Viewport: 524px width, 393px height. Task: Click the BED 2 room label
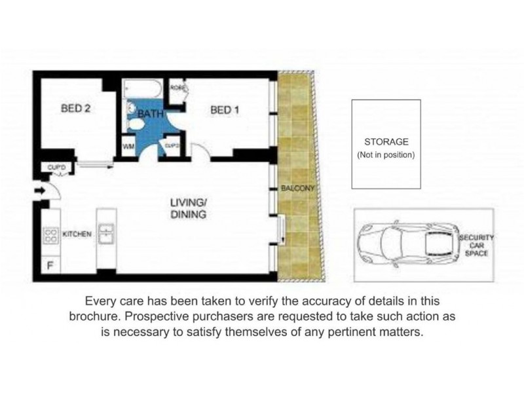point(75,109)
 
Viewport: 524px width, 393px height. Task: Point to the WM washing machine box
point(128,147)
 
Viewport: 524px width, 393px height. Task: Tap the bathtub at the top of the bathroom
point(143,88)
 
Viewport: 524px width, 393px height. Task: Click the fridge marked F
point(51,265)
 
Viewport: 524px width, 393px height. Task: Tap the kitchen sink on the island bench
point(105,233)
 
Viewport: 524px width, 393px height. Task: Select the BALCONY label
point(298,189)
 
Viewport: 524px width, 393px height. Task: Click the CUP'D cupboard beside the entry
point(58,168)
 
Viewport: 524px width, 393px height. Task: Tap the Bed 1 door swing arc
point(202,152)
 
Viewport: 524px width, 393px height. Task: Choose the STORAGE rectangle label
point(386,141)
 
